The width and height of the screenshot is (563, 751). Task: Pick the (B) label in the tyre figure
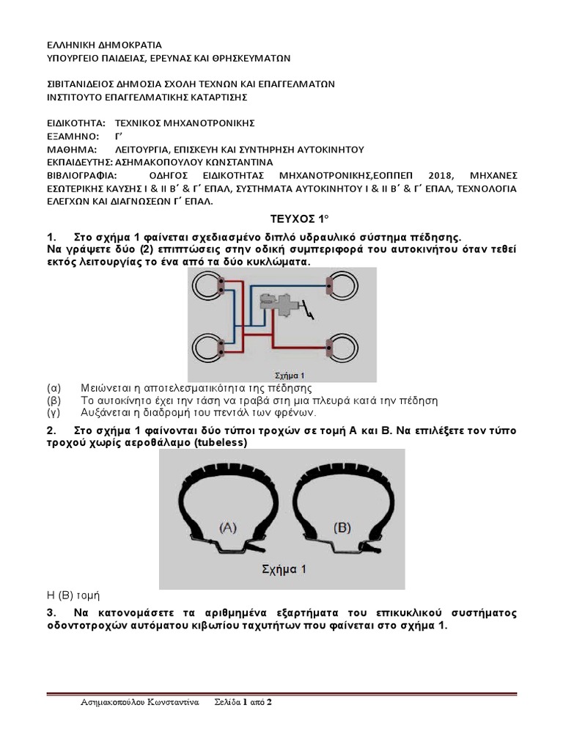click(x=343, y=527)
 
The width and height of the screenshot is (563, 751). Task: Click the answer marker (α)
click(x=53, y=388)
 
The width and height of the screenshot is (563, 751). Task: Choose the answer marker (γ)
click(x=53, y=414)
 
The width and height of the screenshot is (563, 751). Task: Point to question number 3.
click(x=51, y=612)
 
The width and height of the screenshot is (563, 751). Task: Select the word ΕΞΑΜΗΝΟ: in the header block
click(x=72, y=136)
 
